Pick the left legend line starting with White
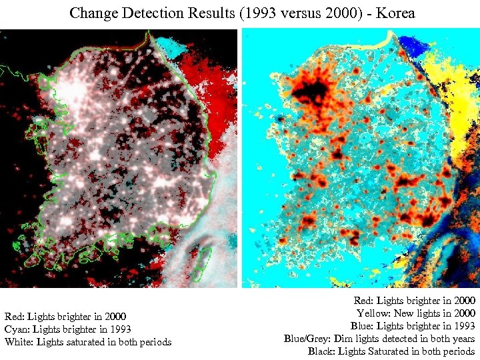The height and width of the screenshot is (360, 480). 87,342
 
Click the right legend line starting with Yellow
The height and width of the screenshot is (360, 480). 416,313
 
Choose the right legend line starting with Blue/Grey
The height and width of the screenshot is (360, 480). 379,339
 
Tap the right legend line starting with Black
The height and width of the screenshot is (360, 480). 391,351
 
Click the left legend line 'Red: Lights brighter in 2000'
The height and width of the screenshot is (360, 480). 65,316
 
